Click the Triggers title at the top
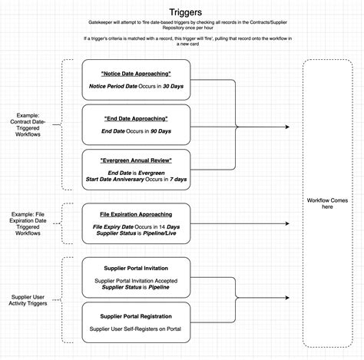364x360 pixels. point(181,13)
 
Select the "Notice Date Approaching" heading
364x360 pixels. point(135,74)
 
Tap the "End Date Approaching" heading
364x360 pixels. point(135,119)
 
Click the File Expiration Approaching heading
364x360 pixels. point(135,214)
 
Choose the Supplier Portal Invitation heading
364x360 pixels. point(135,269)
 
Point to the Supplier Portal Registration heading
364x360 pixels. point(135,316)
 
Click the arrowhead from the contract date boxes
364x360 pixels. point(289,127)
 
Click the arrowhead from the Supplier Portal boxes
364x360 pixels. point(289,298)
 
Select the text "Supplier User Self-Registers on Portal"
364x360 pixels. point(135,329)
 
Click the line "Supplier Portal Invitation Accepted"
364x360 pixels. point(135,280)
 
